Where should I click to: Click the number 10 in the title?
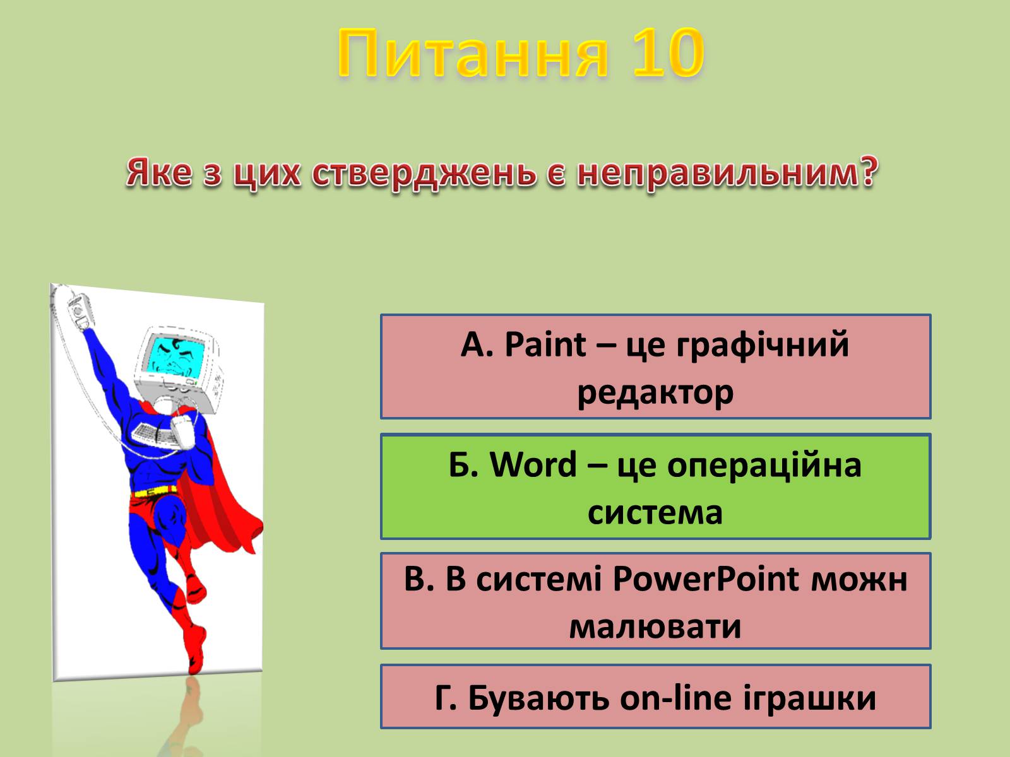pos(668,52)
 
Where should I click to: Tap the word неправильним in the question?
pos(727,173)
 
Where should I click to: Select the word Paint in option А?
pos(545,344)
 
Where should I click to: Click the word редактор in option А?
pos(655,394)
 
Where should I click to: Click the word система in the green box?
pos(655,513)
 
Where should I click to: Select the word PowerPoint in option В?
pos(705,579)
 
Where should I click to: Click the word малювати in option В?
pos(655,628)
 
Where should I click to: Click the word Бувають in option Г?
pos(540,698)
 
